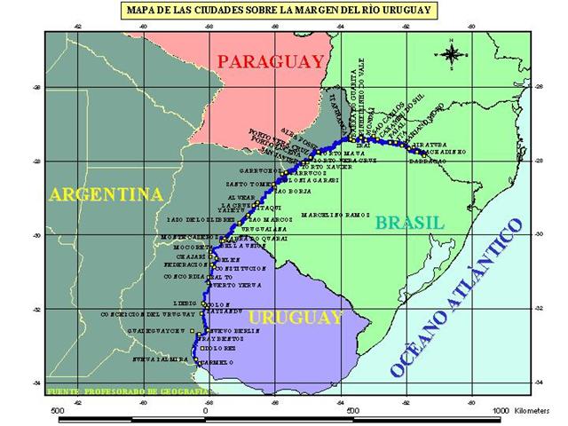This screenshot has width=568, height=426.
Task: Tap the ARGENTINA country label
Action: [106, 194]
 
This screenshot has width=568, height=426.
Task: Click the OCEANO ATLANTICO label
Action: [456, 296]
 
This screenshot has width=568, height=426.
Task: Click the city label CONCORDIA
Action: [181, 276]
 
